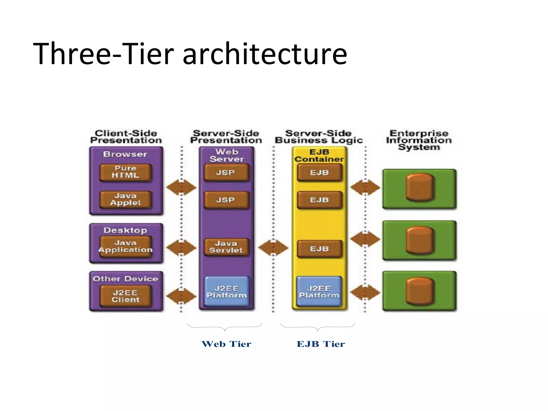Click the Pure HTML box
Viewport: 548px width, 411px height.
click(x=125, y=172)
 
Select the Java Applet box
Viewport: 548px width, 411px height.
click(x=125, y=199)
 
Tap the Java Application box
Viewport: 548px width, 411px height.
click(x=125, y=246)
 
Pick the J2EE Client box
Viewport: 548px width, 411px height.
click(x=125, y=296)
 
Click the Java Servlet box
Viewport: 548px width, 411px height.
click(x=226, y=247)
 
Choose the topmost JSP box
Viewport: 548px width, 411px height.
click(x=226, y=173)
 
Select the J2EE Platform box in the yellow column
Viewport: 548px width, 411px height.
click(x=319, y=292)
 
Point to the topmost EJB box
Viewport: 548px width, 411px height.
click(x=319, y=173)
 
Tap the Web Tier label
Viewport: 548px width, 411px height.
click(x=226, y=344)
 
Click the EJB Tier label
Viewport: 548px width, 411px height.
click(x=321, y=344)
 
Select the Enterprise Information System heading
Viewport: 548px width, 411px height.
click(x=419, y=140)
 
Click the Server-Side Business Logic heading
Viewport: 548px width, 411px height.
click(x=319, y=137)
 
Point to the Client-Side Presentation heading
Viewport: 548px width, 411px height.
click(x=126, y=137)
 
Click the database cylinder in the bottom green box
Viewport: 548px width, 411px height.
click(x=419, y=291)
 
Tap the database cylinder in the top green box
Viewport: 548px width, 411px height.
click(x=419, y=187)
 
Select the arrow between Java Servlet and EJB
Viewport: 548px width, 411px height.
click(x=273, y=248)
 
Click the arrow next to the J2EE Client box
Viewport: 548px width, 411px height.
click(x=181, y=296)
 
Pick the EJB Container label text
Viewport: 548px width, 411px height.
click(x=319, y=155)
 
